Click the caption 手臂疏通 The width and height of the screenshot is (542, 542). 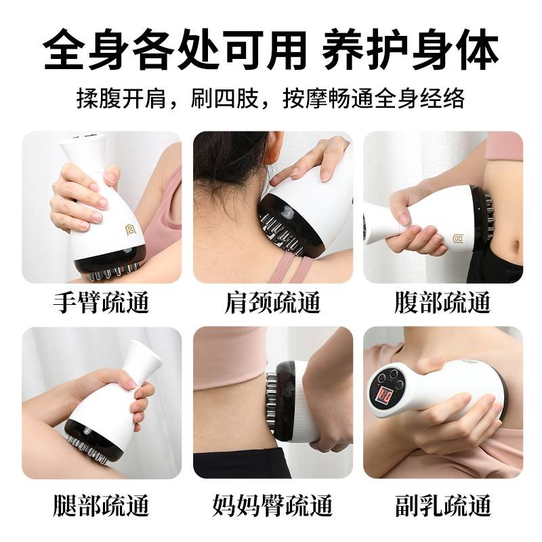pyautogui.click(x=101, y=302)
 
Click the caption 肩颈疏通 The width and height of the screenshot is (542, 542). pyautogui.click(x=272, y=302)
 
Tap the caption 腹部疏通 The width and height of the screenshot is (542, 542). pyautogui.click(x=442, y=302)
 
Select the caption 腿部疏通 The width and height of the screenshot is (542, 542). pyautogui.click(x=101, y=505)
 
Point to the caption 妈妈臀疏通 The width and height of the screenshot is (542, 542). pyautogui.click(x=272, y=505)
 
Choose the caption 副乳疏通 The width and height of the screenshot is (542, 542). pyautogui.click(x=442, y=505)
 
